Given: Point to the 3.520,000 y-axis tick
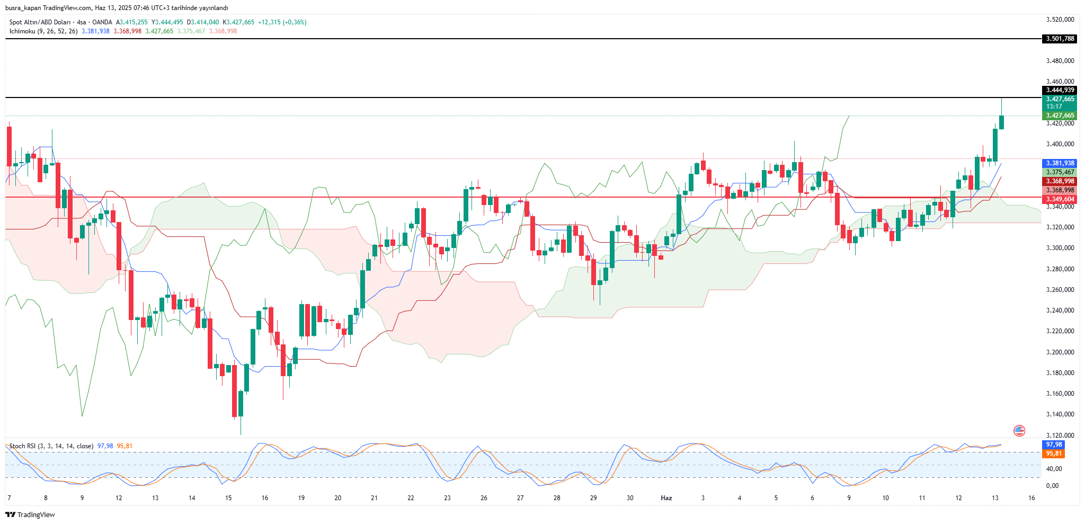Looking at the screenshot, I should (1060, 20).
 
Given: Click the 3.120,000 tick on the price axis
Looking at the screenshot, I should (1060, 435).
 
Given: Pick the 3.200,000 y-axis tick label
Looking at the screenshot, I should (1060, 352).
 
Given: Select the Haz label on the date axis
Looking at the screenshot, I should (666, 498).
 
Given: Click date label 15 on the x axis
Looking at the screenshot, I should (228, 498).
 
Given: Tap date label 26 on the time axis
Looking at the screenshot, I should (484, 498).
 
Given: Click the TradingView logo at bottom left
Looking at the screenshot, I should (30, 514).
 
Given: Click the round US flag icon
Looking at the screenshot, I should (1019, 431).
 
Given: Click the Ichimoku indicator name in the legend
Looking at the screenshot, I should (22, 31).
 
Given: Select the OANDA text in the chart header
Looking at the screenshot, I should (102, 22).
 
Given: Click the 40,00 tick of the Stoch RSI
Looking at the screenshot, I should (1054, 468).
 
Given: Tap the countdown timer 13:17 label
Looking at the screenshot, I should (1054, 106).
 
